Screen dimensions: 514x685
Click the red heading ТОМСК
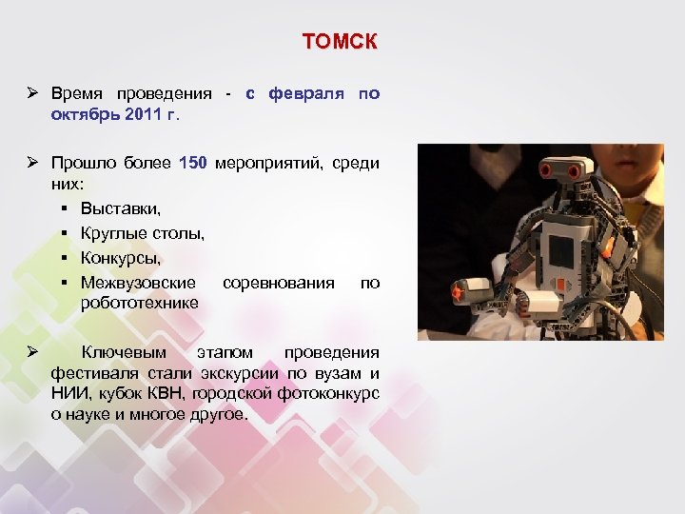[340, 42]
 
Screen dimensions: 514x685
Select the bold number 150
[193, 163]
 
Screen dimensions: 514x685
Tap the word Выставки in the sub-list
[120, 208]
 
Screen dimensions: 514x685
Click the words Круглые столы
[142, 232]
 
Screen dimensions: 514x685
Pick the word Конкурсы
[120, 258]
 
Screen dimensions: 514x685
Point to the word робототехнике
[139, 303]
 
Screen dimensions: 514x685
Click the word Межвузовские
[138, 283]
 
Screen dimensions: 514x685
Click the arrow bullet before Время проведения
[31, 93]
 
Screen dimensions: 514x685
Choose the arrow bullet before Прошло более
[31, 163]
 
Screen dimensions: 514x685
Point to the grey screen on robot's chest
[561, 250]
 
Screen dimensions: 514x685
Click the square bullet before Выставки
[61, 208]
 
